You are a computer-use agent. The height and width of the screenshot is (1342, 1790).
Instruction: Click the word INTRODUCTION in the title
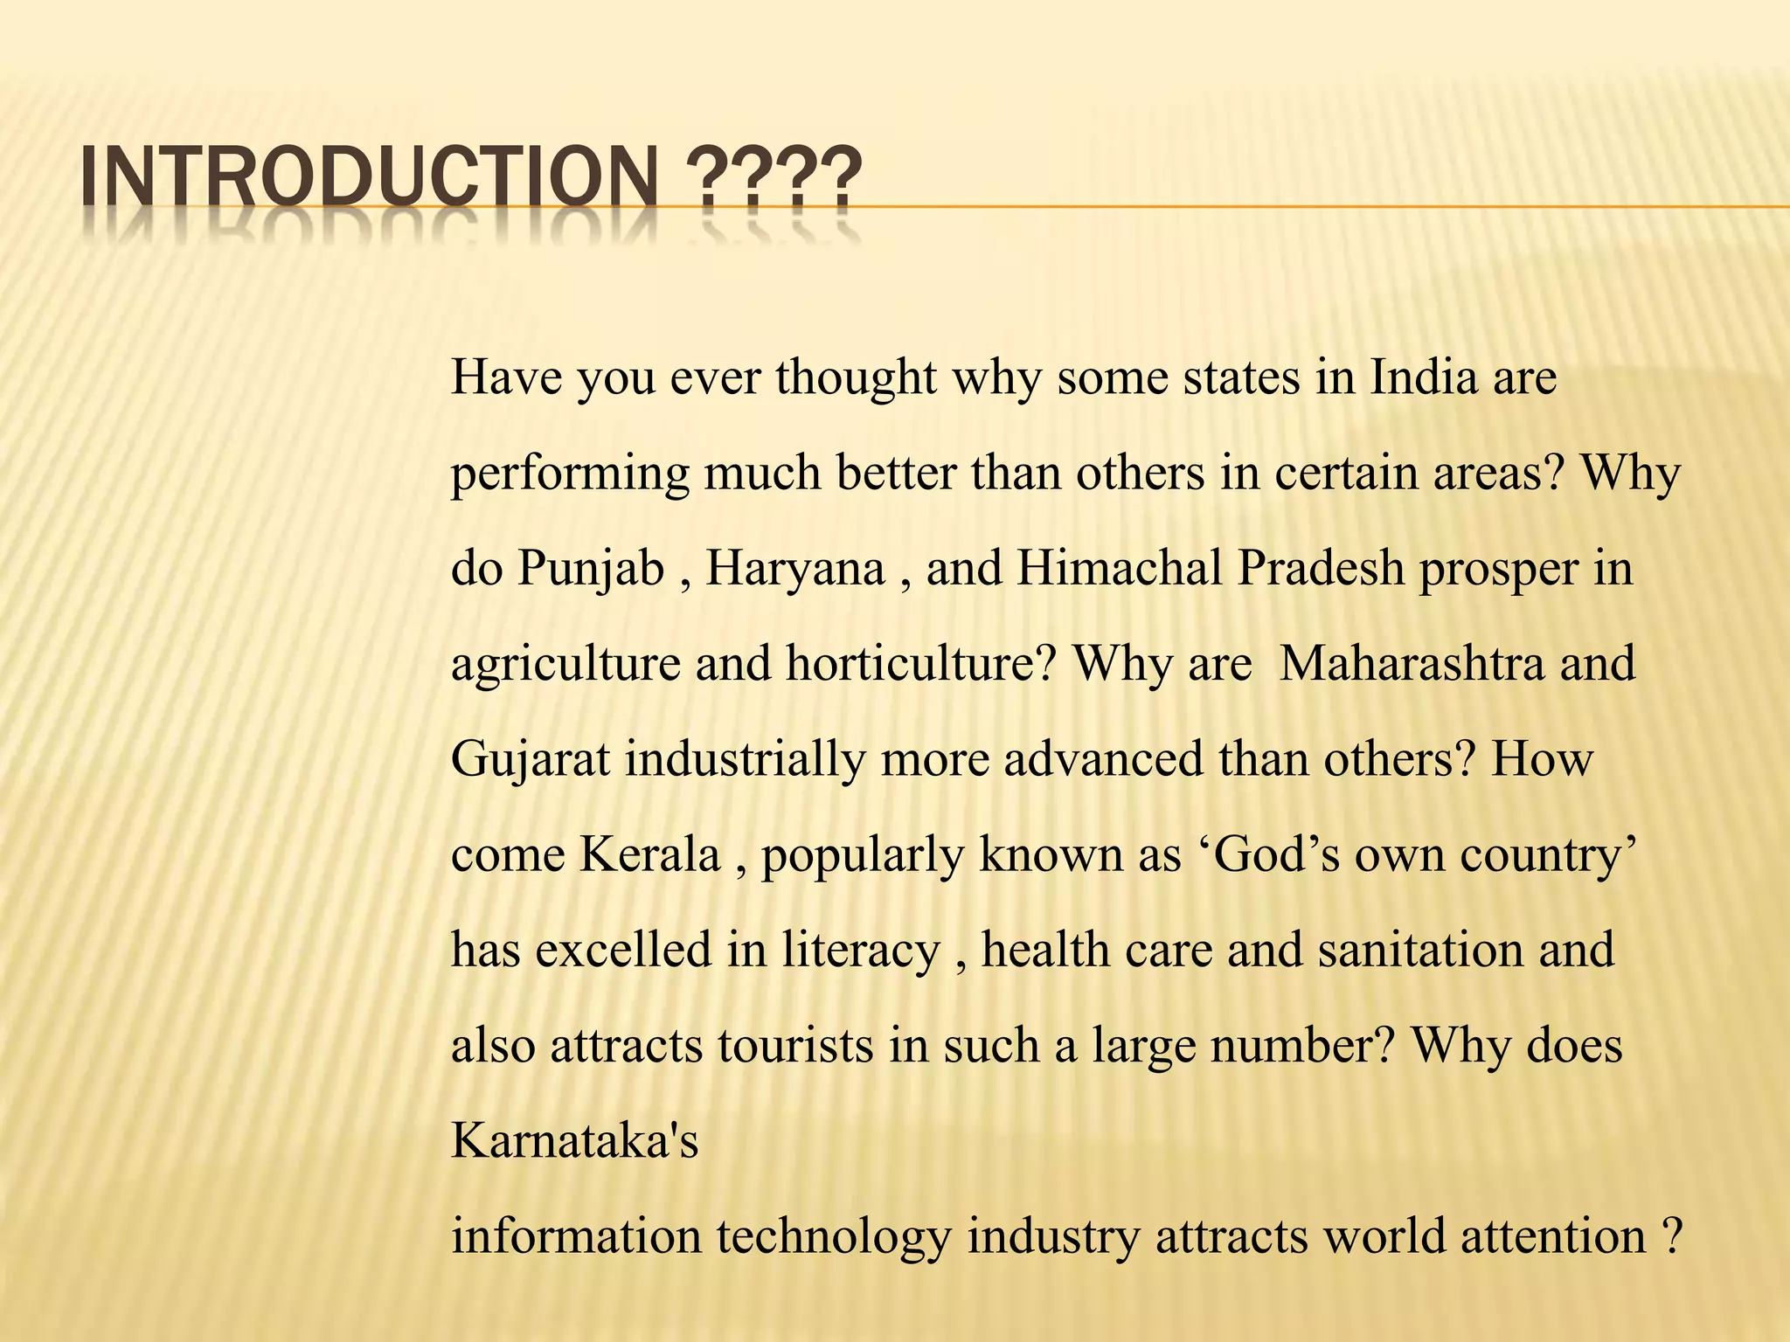[x=368, y=179]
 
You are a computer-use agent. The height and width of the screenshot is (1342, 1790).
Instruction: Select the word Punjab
[x=591, y=568]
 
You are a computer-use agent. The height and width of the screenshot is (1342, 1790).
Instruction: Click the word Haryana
[x=795, y=568]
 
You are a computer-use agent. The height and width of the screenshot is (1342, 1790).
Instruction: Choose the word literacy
[x=860, y=950]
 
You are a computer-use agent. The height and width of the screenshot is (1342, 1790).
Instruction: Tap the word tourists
[x=795, y=1045]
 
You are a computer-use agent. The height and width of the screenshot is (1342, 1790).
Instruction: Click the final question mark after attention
[x=1670, y=1236]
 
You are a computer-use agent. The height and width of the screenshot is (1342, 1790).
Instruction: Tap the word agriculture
[x=565, y=663]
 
